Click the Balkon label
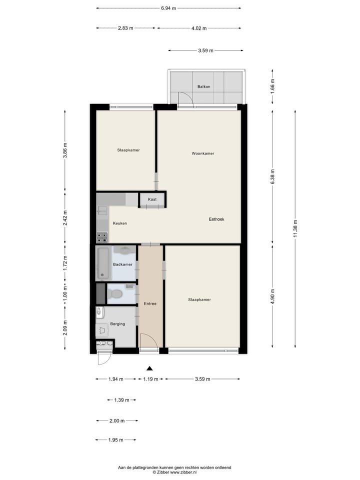[203, 86]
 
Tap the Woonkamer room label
[202, 153]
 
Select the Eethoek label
[216, 219]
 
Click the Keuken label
[119, 223]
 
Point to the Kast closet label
[152, 199]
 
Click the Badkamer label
[122, 264]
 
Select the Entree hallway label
[150, 303]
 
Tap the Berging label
[117, 324]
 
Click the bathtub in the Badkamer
[103, 262]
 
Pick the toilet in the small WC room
[116, 294]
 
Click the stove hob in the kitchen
[102, 236]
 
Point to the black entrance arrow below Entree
[149, 368]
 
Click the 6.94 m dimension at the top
[168, 8]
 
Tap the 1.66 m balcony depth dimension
[272, 86]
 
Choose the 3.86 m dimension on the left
[65, 150]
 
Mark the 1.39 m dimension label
[121, 400]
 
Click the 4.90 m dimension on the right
[272, 295]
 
